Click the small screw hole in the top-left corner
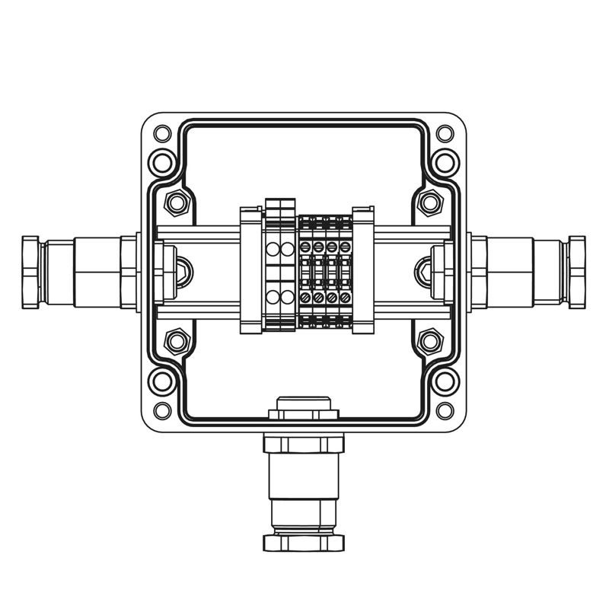click(161, 134)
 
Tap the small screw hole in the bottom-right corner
click(445, 410)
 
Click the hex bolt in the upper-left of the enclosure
click(177, 202)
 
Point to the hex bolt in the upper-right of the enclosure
click(430, 202)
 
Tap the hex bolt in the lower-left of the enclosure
click(177, 341)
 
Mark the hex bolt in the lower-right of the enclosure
click(430, 341)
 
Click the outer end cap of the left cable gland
click(30, 272)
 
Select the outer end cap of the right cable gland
click(577, 272)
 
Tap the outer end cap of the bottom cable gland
click(303, 543)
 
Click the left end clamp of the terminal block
click(251, 270)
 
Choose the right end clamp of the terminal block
click(363, 270)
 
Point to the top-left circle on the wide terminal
click(273, 249)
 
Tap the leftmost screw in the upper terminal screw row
click(305, 247)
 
